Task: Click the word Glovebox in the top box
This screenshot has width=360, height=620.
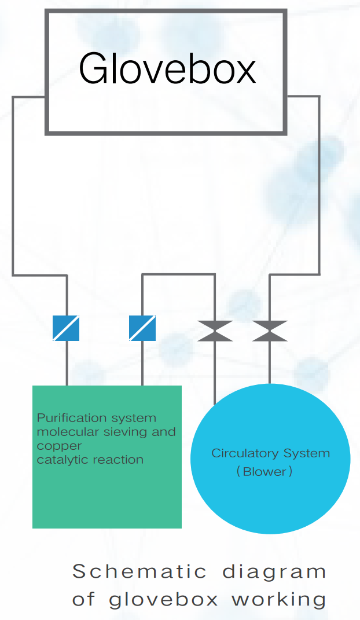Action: click(x=167, y=69)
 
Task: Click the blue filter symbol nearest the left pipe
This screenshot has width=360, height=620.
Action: click(x=66, y=328)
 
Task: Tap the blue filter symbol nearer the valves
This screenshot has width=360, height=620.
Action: click(x=142, y=328)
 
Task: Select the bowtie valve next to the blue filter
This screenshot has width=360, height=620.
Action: click(x=215, y=331)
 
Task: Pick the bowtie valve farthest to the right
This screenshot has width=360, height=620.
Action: click(x=270, y=331)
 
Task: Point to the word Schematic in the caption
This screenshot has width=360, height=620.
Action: click(x=139, y=571)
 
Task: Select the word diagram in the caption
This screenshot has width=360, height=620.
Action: click(x=275, y=573)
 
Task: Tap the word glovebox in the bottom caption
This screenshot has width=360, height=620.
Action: click(x=164, y=599)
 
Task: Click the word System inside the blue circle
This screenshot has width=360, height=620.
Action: click(x=307, y=453)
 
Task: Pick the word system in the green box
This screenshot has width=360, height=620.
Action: click(x=134, y=418)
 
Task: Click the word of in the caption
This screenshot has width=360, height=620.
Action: click(x=84, y=599)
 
